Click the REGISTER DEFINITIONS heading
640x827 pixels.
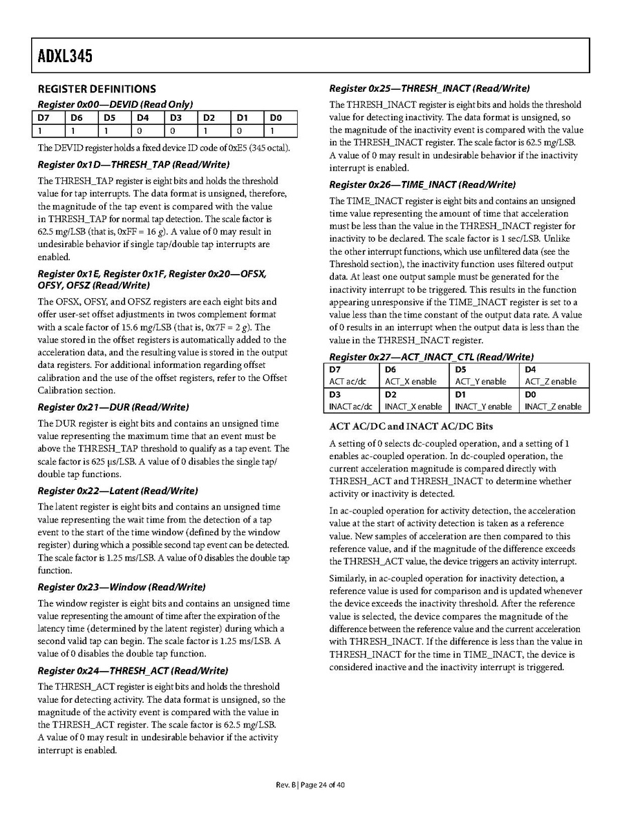97,89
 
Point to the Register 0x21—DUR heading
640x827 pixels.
113,407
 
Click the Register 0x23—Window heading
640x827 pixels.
122,587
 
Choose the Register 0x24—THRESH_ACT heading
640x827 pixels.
133,671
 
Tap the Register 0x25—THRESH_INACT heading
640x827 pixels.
429,88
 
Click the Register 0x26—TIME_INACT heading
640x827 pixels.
422,185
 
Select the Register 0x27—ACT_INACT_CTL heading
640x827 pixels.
431,357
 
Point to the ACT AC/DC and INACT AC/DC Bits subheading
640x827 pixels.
411,426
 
